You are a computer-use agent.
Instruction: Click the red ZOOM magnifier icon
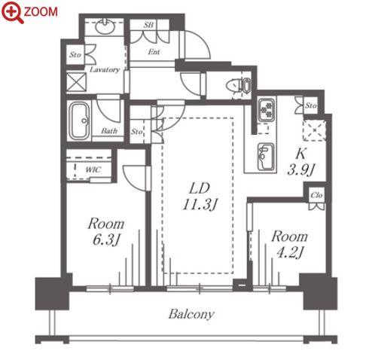coord(13,12)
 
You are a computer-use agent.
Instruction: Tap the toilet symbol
coord(239,85)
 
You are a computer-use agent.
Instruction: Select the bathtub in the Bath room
coord(79,121)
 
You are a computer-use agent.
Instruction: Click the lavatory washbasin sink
coord(105,27)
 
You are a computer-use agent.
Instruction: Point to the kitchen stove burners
coord(267,110)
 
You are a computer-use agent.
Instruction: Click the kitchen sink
coord(266,157)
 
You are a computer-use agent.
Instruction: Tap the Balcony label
coord(191,314)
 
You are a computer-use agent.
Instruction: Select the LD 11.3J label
coord(200,197)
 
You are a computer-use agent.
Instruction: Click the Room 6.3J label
coord(106,231)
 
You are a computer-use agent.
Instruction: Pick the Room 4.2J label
coord(289,244)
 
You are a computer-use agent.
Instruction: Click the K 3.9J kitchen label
coord(300,162)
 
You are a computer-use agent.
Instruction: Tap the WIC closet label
coord(93,169)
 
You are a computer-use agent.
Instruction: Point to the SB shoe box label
coord(148,25)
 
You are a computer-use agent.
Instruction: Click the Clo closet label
coord(316,195)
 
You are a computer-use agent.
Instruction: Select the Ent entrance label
coord(154,52)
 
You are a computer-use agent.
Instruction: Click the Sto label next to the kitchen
coord(310,105)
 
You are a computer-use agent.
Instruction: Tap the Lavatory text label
coord(105,69)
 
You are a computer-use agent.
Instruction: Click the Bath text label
coord(109,130)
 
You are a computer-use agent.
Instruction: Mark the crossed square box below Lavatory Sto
coord(76,81)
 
